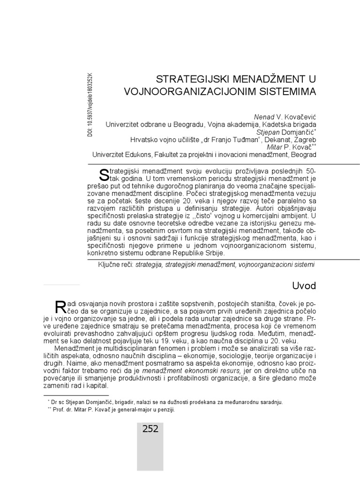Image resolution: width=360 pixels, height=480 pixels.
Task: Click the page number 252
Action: point(150,428)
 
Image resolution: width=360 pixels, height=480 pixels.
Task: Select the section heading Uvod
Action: point(304,286)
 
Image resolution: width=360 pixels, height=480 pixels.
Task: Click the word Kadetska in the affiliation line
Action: point(273,124)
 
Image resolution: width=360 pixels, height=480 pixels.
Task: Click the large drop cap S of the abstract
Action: point(105,174)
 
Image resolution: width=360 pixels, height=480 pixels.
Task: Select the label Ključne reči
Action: point(115,265)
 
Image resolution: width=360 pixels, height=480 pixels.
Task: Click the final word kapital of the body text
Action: point(97,387)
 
